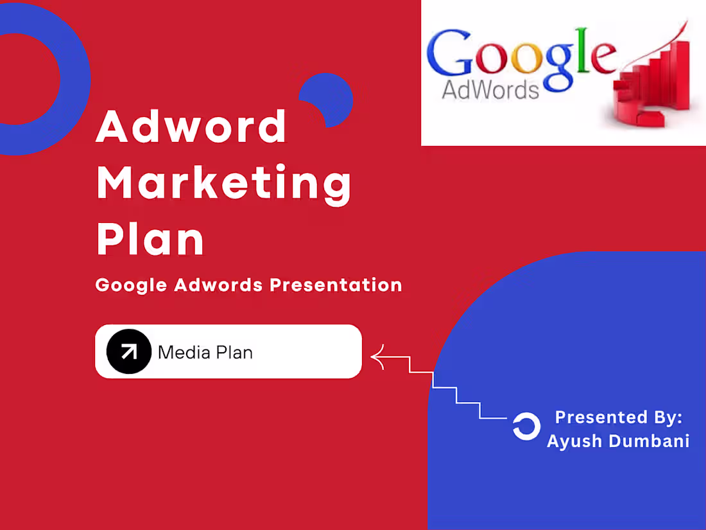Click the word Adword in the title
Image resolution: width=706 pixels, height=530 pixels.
point(191,127)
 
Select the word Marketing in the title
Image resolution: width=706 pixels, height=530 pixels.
point(224,183)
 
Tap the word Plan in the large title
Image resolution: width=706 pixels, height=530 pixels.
point(150,239)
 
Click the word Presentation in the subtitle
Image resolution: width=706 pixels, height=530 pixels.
point(335,285)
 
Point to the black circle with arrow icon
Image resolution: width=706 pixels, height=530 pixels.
point(128,351)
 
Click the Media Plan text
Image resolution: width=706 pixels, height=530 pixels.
point(205,352)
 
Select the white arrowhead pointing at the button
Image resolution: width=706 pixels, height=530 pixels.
point(377,357)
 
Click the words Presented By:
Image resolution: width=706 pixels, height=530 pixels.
point(618,417)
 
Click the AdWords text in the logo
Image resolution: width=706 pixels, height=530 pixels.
point(490,90)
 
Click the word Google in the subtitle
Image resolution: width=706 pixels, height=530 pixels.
point(131,285)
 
